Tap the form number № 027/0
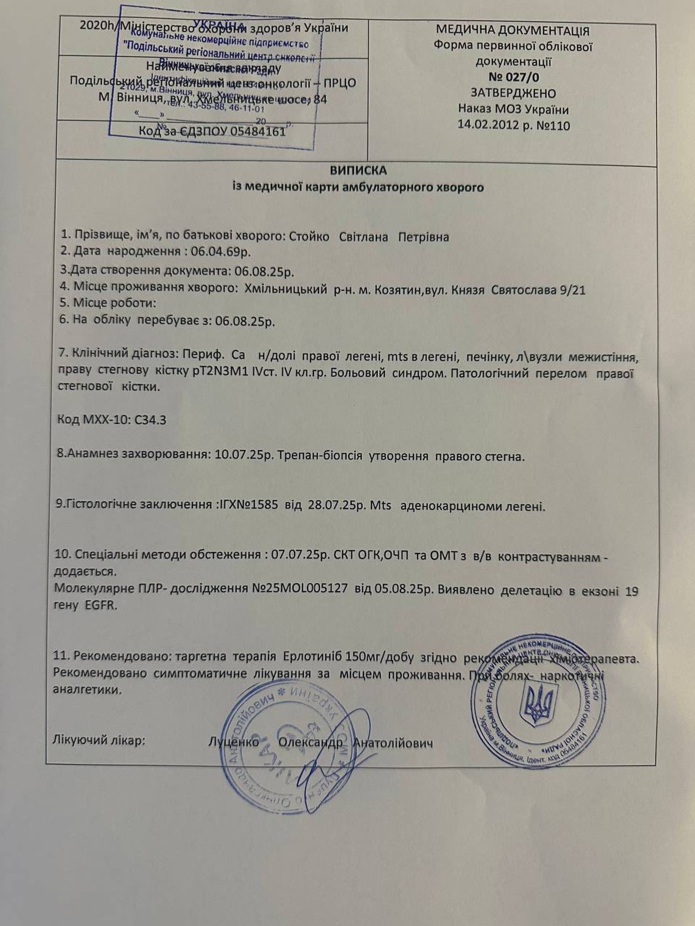pos(514,77)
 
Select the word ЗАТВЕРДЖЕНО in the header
pos(513,93)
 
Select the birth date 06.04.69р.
pos(221,252)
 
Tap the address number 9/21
pos(572,290)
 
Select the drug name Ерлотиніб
pos(312,657)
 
